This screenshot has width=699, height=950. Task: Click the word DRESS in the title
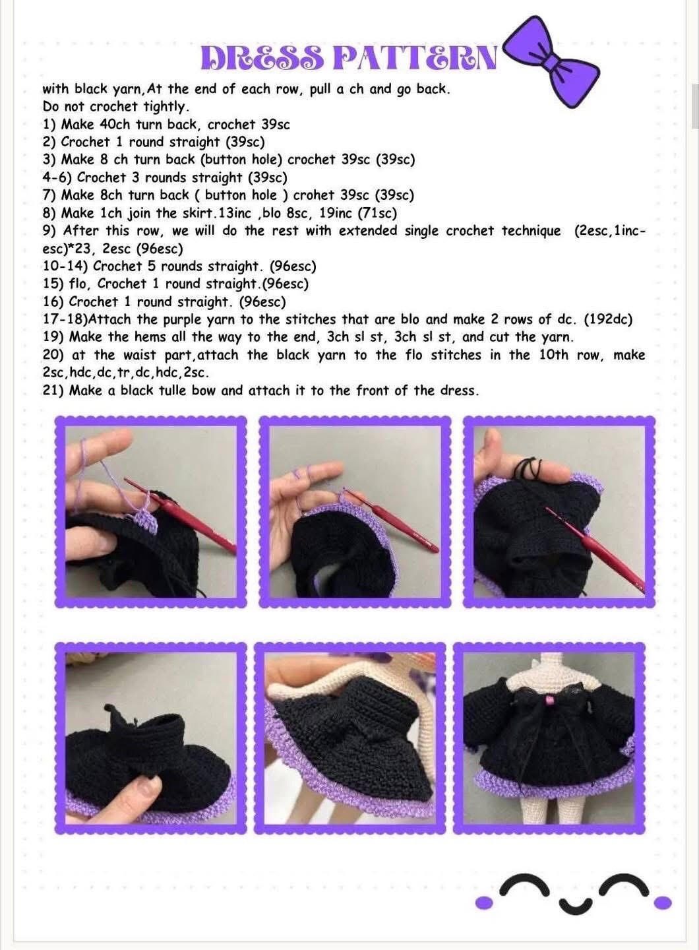[x=262, y=58]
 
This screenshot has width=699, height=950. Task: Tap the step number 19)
[x=53, y=337]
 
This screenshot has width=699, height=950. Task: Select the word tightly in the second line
[x=166, y=106]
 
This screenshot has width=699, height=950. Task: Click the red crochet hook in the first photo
[x=198, y=521]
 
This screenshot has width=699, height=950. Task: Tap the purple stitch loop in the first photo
[x=148, y=523]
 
